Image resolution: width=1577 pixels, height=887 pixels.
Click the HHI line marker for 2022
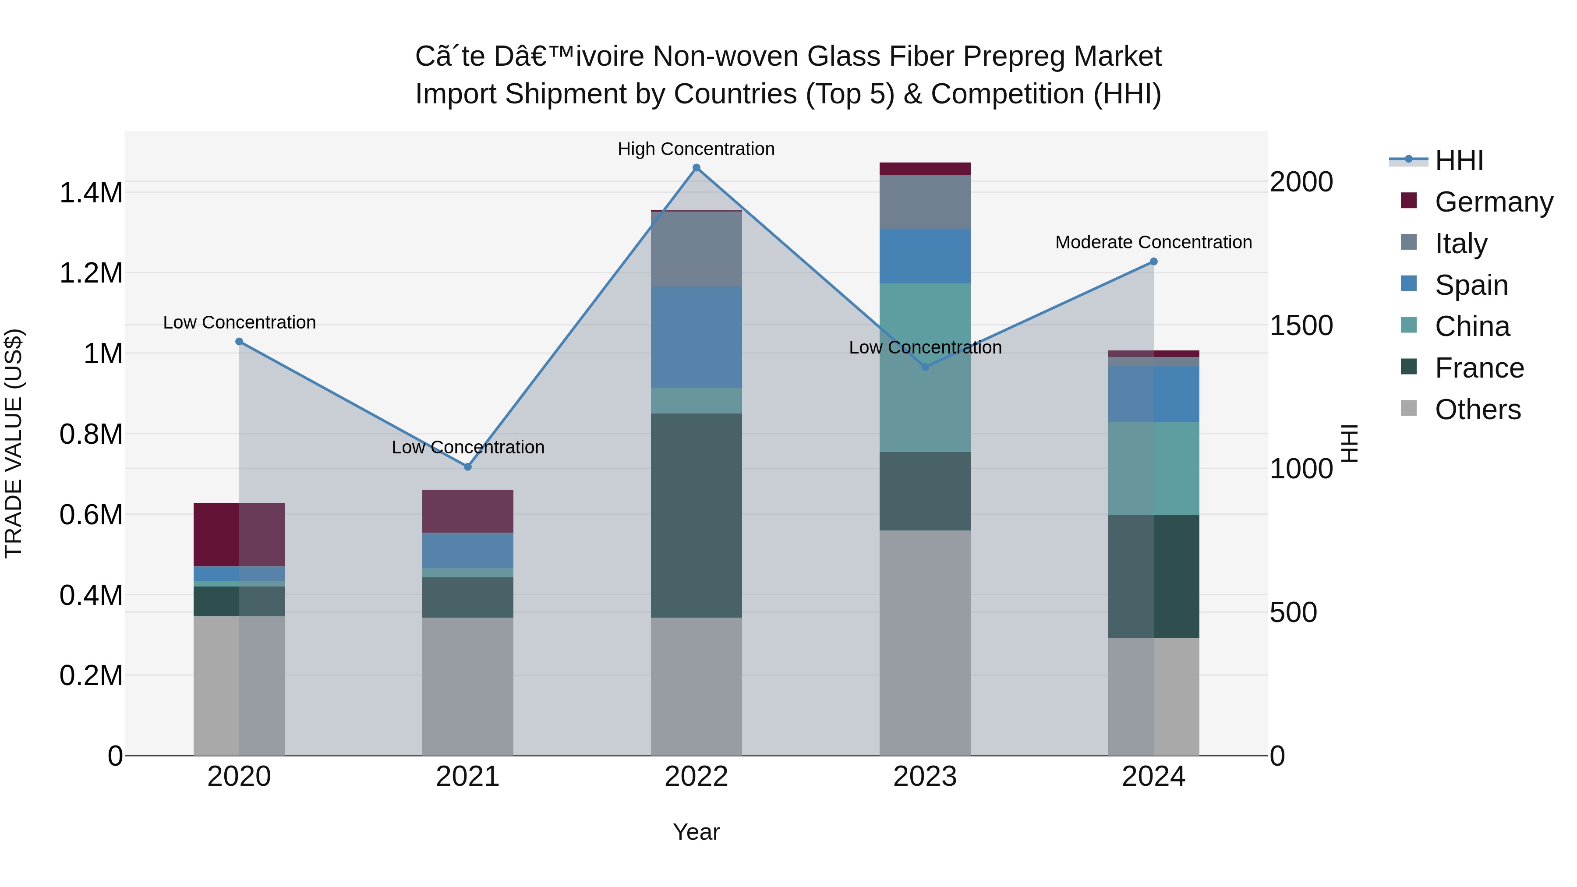coord(696,168)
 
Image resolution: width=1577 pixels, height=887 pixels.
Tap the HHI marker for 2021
coord(468,467)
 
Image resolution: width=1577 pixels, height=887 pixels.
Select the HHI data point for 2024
coord(1153,262)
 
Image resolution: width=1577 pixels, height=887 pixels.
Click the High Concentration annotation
coord(696,149)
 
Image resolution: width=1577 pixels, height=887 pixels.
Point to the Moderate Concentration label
coord(1153,242)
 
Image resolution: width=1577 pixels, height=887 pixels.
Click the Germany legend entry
coord(1493,202)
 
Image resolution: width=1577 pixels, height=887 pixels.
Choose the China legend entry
coord(1472,326)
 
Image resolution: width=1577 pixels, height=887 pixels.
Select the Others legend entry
coord(1477,410)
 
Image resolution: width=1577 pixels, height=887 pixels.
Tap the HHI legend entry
coord(1458,160)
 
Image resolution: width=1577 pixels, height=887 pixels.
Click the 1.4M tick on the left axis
coord(91,193)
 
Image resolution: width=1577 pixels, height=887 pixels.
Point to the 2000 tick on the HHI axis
coord(1301,182)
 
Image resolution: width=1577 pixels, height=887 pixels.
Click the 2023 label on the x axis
coord(924,777)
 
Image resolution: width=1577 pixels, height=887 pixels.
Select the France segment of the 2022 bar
coord(696,516)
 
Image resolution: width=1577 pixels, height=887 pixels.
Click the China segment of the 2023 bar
coord(924,368)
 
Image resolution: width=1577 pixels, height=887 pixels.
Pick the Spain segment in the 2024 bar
coord(1153,394)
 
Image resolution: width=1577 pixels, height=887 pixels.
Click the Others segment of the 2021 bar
coord(468,686)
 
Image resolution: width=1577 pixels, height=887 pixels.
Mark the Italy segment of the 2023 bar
coord(924,202)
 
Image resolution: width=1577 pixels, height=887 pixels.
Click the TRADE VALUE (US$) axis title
coord(14,443)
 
